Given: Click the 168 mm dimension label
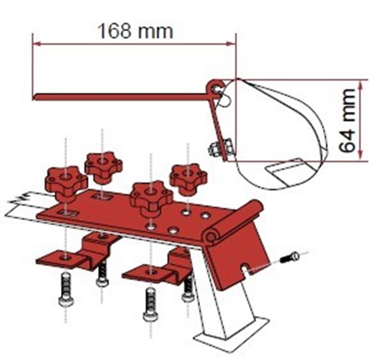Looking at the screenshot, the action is pyautogui.click(x=135, y=31).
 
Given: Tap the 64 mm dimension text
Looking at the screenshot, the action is pyautogui.click(x=347, y=121).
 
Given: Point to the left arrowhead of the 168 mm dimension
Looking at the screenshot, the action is pyautogui.click(x=36, y=44).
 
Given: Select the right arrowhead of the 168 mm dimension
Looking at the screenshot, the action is pyautogui.click(x=231, y=44).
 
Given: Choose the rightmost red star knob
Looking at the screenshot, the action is pyautogui.click(x=188, y=178).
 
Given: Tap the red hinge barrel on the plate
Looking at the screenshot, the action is pyautogui.click(x=234, y=222).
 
